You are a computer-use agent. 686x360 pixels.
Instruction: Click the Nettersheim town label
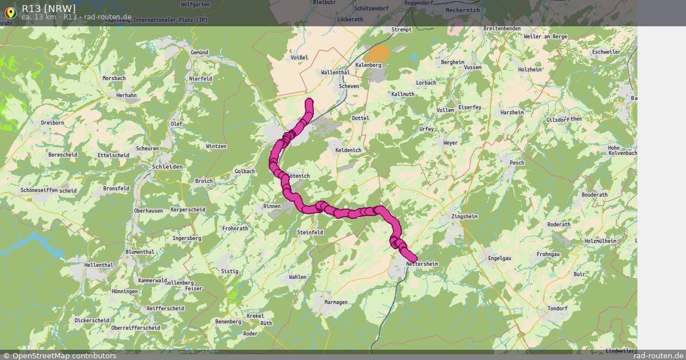click(422, 264)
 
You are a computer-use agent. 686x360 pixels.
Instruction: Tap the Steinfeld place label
click(310, 233)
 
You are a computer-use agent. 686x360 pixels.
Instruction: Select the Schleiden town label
click(167, 166)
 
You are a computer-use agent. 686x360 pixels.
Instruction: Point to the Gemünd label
click(200, 52)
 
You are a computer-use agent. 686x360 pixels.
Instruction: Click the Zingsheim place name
click(464, 217)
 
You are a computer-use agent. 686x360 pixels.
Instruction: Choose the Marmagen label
click(336, 302)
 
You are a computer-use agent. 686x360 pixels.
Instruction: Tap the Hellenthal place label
click(99, 265)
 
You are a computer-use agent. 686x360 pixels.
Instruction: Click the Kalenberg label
click(368, 65)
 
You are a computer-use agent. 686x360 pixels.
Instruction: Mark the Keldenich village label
click(348, 150)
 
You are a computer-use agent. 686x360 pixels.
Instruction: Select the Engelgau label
click(499, 258)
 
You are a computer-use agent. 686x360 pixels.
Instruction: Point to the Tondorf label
click(557, 309)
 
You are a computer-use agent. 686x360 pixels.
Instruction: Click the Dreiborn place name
click(53, 123)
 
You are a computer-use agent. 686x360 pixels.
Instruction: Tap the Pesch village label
click(517, 163)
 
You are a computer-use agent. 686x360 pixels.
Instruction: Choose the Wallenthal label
click(335, 73)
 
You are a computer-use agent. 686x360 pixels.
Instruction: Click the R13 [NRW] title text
click(49, 8)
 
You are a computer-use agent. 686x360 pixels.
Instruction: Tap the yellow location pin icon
click(10, 11)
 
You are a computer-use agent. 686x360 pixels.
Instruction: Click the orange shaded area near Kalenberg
click(378, 54)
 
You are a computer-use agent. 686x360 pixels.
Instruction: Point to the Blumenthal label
click(139, 252)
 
